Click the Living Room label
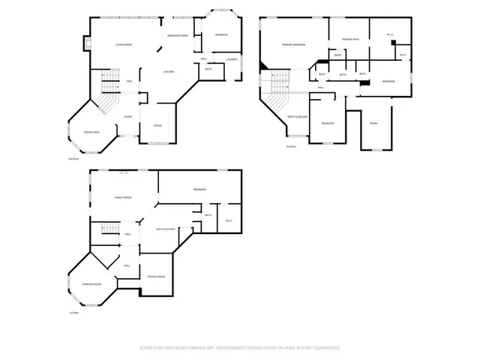(x=124, y=45)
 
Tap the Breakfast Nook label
(x=176, y=35)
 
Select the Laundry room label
(x=232, y=59)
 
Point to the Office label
(x=158, y=125)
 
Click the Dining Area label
(x=93, y=131)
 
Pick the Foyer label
(x=128, y=116)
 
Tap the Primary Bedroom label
(x=293, y=45)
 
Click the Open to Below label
(x=298, y=117)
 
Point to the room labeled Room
(x=373, y=123)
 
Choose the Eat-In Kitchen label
(x=166, y=229)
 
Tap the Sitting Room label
(x=156, y=276)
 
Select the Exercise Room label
(x=92, y=285)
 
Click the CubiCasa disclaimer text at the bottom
(x=240, y=348)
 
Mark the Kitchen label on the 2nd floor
(x=169, y=71)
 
